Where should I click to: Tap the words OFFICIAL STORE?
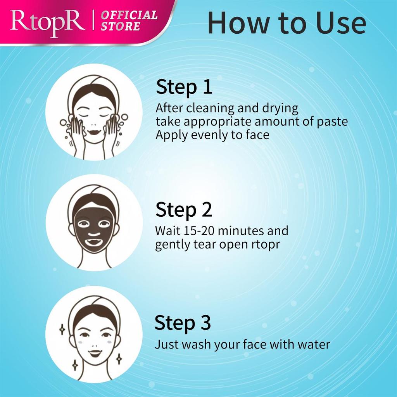coord(129,21)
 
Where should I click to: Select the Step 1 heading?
coord(184,87)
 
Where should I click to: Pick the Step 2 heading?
coord(184,210)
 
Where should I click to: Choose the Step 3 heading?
coord(183,323)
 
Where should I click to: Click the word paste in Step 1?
coord(331,122)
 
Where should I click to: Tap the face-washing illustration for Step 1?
coord(94,112)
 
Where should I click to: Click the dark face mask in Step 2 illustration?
coord(94,229)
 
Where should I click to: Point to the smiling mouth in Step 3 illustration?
coord(95,353)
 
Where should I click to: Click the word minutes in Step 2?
coord(243,231)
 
